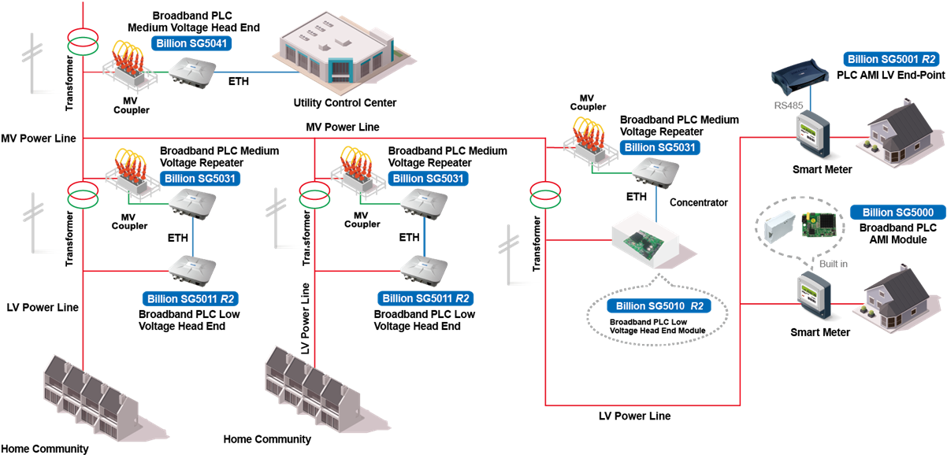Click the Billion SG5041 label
(192, 44)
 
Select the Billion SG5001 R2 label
(892, 59)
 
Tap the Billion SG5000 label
(897, 213)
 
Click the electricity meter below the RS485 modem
(811, 134)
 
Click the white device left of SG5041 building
(191, 73)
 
